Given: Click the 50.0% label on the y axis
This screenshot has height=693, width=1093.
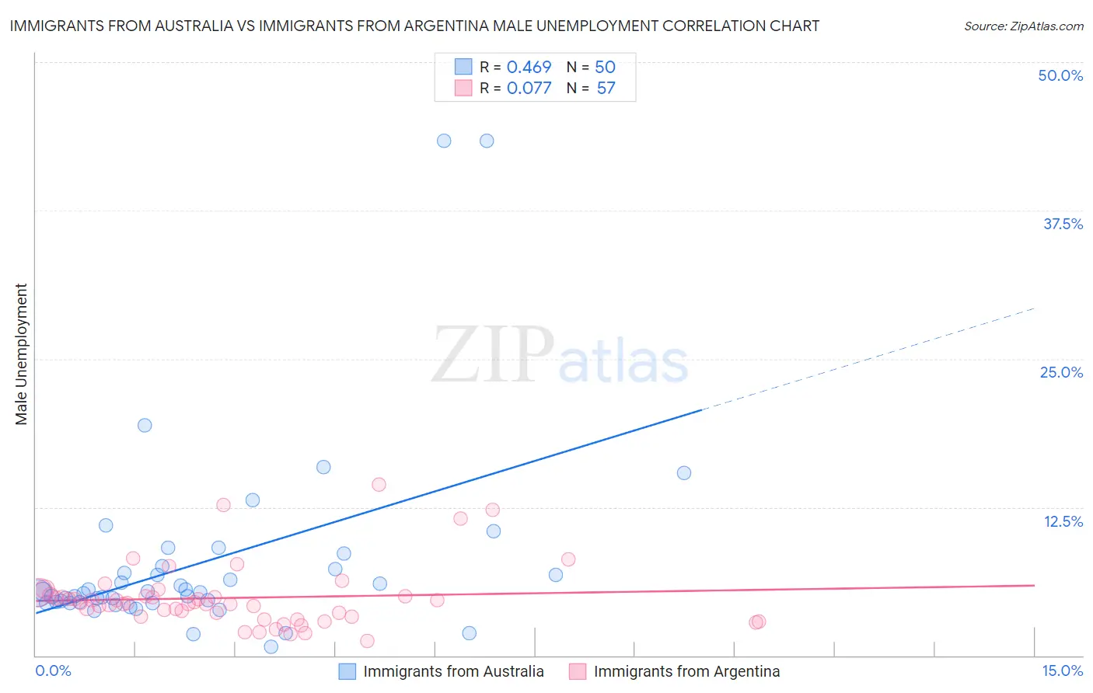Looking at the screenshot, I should point(1060,75).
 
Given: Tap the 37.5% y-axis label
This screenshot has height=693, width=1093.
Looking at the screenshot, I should point(1063,224).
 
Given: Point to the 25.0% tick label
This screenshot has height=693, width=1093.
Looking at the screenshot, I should point(1061,372).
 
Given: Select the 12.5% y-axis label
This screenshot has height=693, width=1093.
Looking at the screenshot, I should point(1063,521).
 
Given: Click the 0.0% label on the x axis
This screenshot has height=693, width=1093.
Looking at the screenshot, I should point(53,670).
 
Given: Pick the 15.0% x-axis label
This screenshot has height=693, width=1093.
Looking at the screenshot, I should point(1062,670).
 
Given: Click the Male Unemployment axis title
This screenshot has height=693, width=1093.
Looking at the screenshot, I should point(21,354).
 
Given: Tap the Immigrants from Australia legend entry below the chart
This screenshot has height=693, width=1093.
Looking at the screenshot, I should point(453,671).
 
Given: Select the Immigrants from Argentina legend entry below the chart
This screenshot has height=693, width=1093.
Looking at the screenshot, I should point(686,671).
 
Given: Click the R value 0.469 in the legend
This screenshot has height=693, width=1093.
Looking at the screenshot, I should point(529,68).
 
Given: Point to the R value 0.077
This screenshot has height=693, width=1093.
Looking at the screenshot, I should point(529,89).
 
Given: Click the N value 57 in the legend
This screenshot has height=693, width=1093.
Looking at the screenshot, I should point(606,89).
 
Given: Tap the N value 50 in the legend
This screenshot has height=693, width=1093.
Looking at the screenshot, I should point(605,68).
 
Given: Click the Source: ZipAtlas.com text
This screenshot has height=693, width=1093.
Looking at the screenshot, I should point(1023,26).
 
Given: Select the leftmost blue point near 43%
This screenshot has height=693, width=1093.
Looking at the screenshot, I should point(444,141).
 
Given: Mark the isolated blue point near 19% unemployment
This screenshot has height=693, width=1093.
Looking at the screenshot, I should point(145,425).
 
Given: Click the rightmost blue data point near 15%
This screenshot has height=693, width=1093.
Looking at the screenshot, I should point(684,473).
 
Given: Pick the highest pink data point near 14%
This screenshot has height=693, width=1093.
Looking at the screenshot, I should point(379,485).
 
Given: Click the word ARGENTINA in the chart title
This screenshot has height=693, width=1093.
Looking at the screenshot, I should point(445,26).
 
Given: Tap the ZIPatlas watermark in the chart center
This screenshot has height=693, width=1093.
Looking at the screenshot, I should point(560,356).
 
